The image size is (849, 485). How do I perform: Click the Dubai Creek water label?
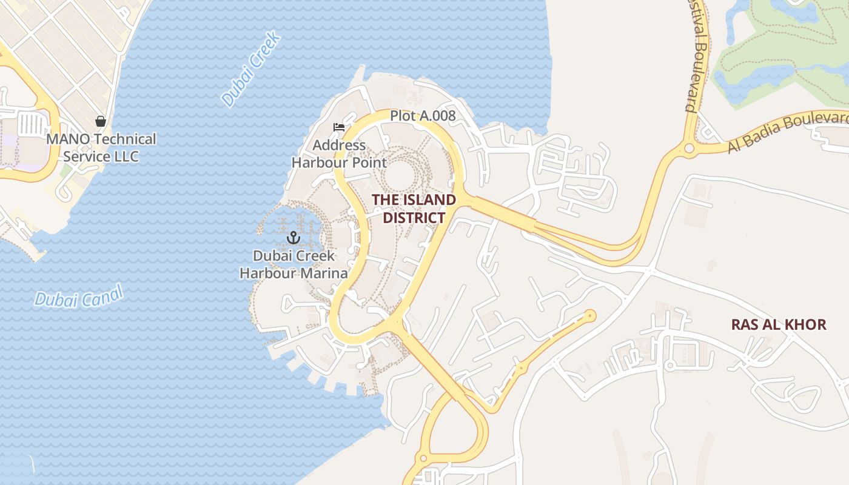click(x=251, y=69)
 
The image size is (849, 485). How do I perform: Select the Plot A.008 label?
click(x=422, y=115)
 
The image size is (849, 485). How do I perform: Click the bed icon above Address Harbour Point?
click(x=339, y=128)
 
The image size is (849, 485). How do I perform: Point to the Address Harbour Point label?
click(x=339, y=154)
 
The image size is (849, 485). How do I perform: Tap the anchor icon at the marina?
click(x=294, y=237)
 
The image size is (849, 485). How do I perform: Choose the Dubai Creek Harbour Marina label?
click(x=294, y=264)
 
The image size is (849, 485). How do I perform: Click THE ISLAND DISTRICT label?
click(x=414, y=209)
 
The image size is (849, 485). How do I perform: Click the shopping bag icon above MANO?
click(x=101, y=122)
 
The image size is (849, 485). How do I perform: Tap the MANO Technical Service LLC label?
click(x=101, y=147)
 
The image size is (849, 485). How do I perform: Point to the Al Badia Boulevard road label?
click(x=787, y=131)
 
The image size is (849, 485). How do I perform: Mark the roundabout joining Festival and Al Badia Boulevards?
click(x=689, y=148)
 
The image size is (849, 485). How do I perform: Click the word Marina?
click(x=326, y=273)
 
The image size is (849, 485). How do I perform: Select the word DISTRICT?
click(x=414, y=218)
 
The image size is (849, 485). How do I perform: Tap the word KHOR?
click(x=805, y=324)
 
